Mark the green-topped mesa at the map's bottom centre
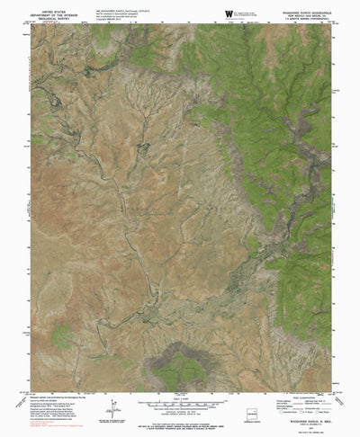click(179, 367)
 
